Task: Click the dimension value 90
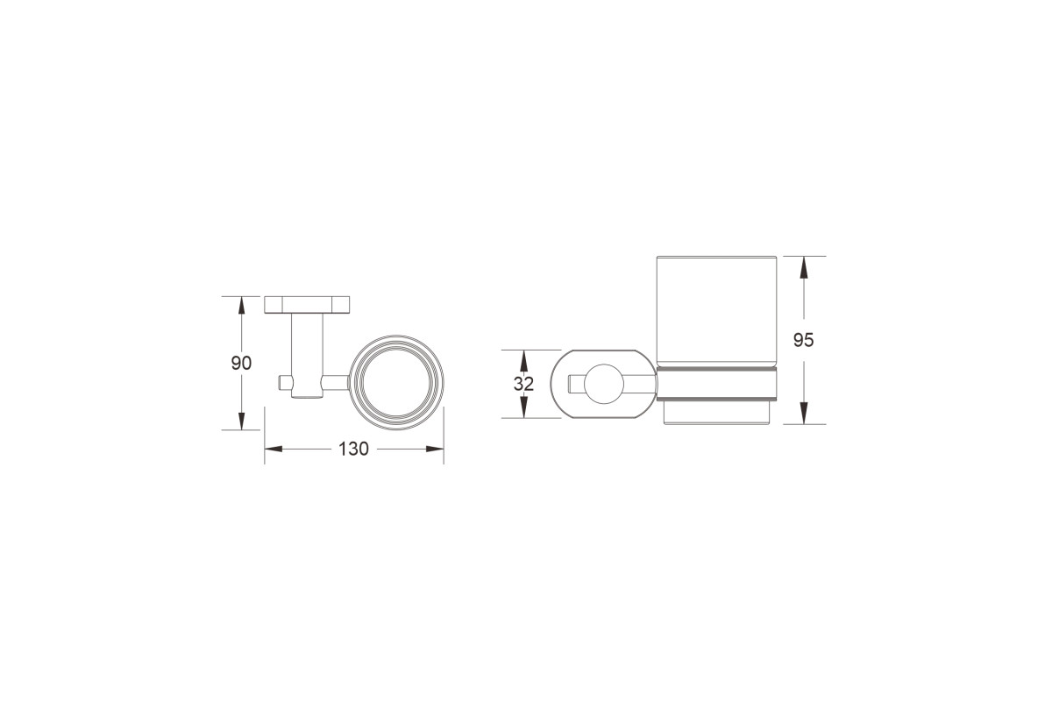pos(241,363)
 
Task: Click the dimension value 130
pos(353,450)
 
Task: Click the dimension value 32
pos(523,384)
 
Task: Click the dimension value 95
pos(804,340)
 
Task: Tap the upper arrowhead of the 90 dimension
pos(241,305)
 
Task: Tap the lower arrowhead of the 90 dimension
pos(241,421)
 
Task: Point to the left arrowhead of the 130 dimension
pos(274,449)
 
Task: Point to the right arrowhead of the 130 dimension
pos(435,449)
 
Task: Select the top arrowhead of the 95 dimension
pos(804,266)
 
